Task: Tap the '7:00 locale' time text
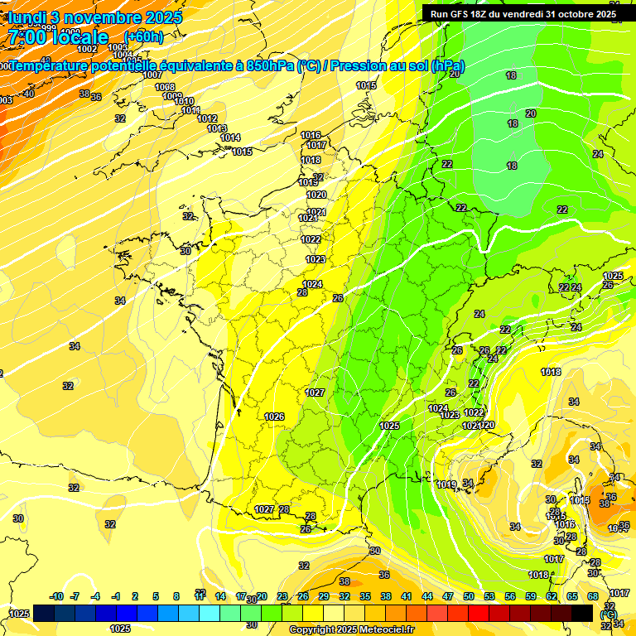(58, 37)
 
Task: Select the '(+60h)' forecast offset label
(143, 36)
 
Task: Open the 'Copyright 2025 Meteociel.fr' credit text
(352, 629)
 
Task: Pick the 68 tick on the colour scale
(593, 596)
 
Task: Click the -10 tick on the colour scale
(56, 596)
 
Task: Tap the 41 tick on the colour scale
(407, 596)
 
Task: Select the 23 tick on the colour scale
(282, 596)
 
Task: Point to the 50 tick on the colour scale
(469, 596)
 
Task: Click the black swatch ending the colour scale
(582, 613)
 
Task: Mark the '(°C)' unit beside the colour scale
(609, 615)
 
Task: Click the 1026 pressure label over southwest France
(274, 417)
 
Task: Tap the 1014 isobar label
(230, 138)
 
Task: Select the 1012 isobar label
(207, 119)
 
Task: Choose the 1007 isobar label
(152, 75)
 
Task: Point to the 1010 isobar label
(185, 102)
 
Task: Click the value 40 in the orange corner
(29, 94)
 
